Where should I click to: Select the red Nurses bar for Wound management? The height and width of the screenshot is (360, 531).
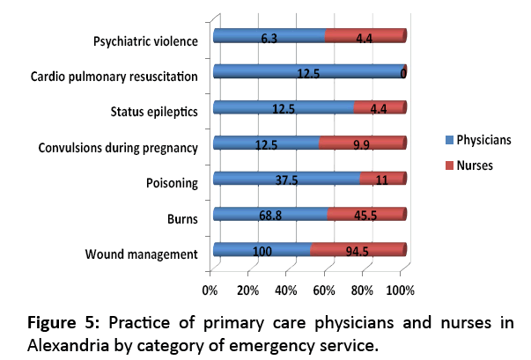coord(357,250)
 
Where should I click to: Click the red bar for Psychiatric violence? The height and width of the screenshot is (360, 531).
coord(364,36)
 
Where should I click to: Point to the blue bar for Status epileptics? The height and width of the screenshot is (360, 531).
coord(283,107)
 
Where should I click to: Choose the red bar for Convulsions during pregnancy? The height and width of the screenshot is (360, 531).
coord(361,143)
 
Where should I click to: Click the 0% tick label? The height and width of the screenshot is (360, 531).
coord(210,290)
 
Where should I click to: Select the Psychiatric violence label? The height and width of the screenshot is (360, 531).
coord(144,41)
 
